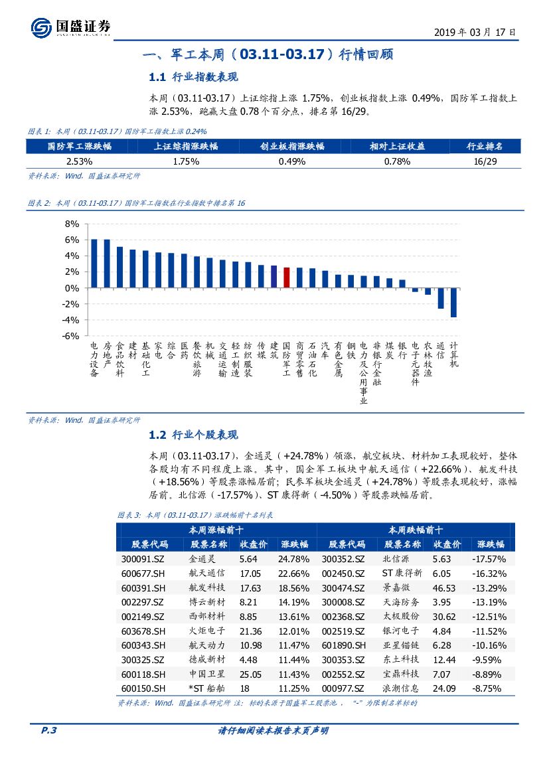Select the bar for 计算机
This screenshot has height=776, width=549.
pyautogui.click(x=453, y=303)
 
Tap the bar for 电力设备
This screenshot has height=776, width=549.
pyautogui.click(x=94, y=264)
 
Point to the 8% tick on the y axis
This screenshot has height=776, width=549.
pyautogui.click(x=72, y=224)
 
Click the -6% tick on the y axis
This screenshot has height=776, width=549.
pyautogui.click(x=71, y=337)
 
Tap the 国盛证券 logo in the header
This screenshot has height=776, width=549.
pyautogui.click(x=71, y=27)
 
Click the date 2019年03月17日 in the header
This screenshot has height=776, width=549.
pyautogui.click(x=475, y=31)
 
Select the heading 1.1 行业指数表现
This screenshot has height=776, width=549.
pyautogui.click(x=193, y=77)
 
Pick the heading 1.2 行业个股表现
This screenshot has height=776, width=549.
pyautogui.click(x=193, y=435)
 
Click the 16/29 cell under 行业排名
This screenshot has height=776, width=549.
pyautogui.click(x=485, y=161)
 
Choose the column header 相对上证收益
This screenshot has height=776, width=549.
pyautogui.click(x=397, y=146)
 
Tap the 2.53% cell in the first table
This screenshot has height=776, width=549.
pyautogui.click(x=79, y=161)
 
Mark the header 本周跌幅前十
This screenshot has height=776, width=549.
pyautogui.click(x=416, y=530)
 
